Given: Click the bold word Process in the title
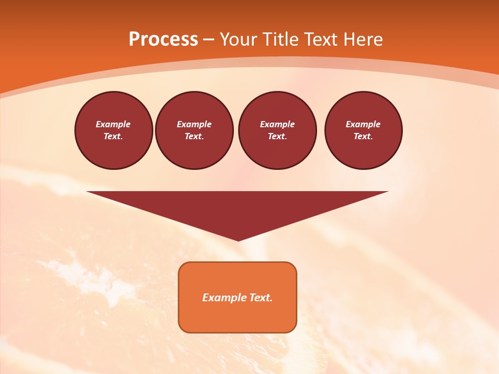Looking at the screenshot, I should coord(163,39).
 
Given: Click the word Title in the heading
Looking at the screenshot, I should coord(281,39).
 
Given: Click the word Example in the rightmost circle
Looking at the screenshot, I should coord(363,124).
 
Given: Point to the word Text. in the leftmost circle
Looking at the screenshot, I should coord(113,136).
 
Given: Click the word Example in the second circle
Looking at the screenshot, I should coord(194,124).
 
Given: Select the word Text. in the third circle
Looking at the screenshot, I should coord(277,136).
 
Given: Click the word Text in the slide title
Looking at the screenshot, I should coord(321,39).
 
